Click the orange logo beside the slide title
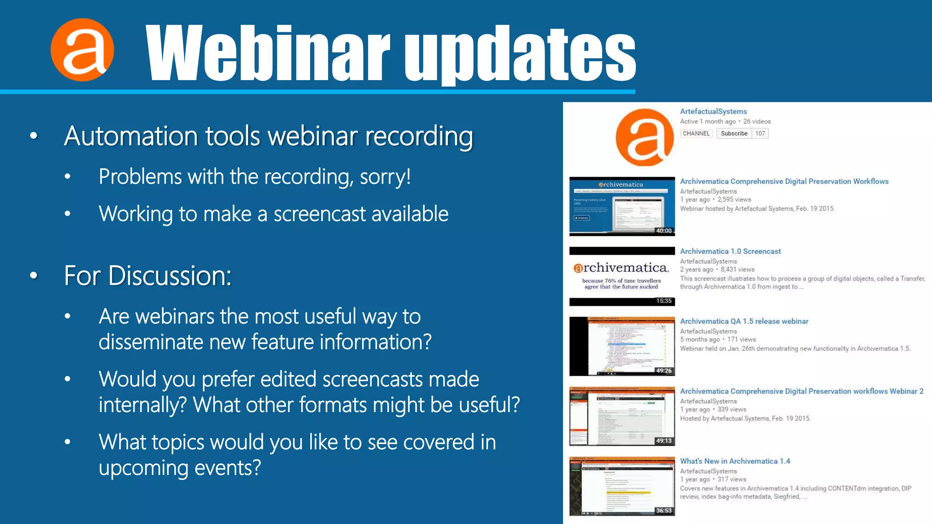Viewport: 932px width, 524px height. (x=82, y=50)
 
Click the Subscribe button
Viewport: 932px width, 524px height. (x=734, y=133)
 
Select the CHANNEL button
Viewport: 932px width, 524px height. (x=696, y=133)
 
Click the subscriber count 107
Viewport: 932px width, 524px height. (x=760, y=133)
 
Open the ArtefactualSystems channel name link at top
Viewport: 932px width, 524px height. (x=713, y=111)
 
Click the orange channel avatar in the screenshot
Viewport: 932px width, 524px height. (x=644, y=137)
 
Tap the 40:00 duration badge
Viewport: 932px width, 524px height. (x=664, y=231)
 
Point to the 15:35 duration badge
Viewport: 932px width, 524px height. (x=664, y=301)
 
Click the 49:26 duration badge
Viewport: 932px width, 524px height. (x=664, y=371)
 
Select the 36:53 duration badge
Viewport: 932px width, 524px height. (x=664, y=510)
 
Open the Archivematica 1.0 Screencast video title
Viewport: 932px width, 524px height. (x=730, y=251)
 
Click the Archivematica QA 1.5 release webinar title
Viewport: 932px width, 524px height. (x=744, y=321)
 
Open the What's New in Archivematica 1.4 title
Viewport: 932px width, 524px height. (x=735, y=461)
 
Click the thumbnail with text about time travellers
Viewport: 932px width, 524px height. (x=622, y=277)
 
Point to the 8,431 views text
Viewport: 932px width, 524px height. (x=737, y=269)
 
